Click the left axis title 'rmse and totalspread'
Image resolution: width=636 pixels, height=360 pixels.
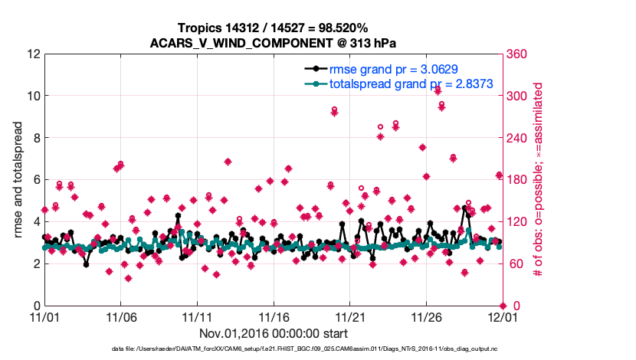pyautogui.click(x=19, y=180)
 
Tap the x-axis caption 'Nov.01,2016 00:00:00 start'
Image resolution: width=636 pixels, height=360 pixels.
pyautogui.click(x=273, y=333)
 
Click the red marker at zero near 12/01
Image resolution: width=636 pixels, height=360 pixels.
pyautogui.click(x=502, y=306)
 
